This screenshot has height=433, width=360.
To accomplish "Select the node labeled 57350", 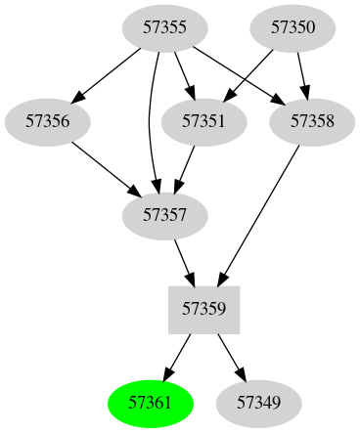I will [x=292, y=27].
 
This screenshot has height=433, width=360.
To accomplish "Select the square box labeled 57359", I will [x=204, y=309].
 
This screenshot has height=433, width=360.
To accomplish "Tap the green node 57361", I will [x=151, y=402].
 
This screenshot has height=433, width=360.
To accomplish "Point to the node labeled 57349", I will [x=258, y=402].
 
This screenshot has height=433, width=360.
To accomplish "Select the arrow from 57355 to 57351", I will [x=184, y=74].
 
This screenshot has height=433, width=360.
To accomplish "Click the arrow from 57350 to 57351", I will [x=248, y=74].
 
